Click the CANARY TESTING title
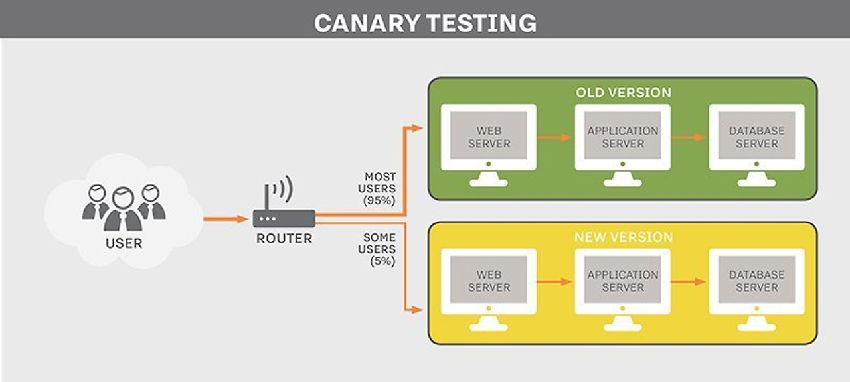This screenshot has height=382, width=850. [425, 23]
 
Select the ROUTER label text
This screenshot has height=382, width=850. [284, 238]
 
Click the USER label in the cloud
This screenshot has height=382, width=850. [124, 243]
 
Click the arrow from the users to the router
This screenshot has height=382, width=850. [225, 218]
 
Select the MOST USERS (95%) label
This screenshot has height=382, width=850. [380, 189]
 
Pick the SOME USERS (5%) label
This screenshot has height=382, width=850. [379, 249]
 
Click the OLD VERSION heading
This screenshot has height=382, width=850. [623, 92]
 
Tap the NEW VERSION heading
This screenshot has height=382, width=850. [623, 237]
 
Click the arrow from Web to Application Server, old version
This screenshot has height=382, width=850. [554, 137]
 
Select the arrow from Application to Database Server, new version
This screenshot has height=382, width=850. [688, 282]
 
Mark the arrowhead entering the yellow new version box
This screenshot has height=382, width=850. [417, 310]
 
